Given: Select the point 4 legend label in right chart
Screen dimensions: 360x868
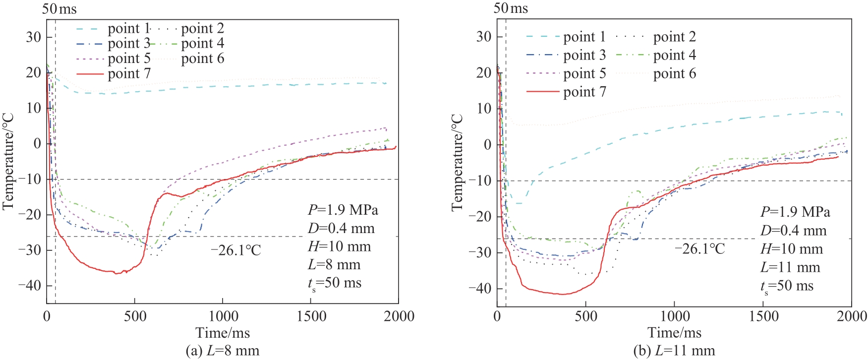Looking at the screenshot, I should pyautogui.click(x=674, y=55).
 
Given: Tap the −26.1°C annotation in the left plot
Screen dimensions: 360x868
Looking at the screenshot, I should pyautogui.click(x=235, y=250).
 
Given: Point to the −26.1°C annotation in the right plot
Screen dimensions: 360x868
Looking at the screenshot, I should pyautogui.click(x=699, y=248).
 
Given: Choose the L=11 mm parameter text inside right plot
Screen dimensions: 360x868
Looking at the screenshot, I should pyautogui.click(x=790, y=267).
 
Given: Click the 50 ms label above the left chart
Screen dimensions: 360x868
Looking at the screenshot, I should pyautogui.click(x=59, y=8).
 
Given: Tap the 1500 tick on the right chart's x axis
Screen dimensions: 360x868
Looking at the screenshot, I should pyautogui.click(x=763, y=316).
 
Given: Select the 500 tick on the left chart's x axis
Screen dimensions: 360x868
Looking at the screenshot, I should pyautogui.click(x=135, y=316).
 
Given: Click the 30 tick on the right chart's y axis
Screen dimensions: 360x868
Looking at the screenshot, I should pyautogui.click(x=484, y=37).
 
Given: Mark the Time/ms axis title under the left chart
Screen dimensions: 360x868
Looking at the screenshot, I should pyautogui.click(x=223, y=333).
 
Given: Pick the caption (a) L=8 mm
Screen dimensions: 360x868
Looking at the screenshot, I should pyautogui.click(x=222, y=351).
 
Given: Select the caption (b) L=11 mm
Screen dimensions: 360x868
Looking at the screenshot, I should pyautogui.click(x=674, y=351).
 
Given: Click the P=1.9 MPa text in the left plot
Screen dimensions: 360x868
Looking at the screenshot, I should pyautogui.click(x=343, y=210).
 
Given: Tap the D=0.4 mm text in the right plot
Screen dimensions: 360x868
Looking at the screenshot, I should pyautogui.click(x=793, y=231).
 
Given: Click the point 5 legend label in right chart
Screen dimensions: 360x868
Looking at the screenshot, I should pyautogui.click(x=584, y=73).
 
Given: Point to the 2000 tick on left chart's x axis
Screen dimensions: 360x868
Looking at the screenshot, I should pyautogui.click(x=399, y=316).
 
